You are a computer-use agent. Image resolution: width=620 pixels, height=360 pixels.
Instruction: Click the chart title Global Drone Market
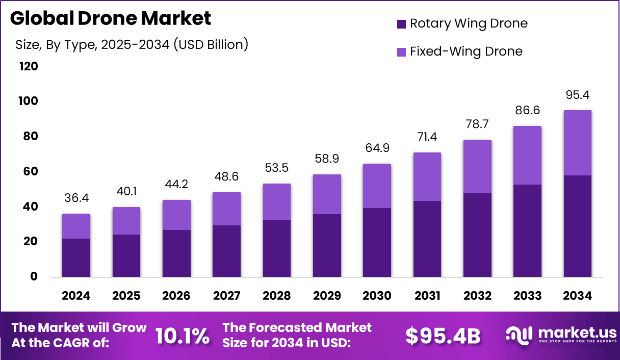click(110, 18)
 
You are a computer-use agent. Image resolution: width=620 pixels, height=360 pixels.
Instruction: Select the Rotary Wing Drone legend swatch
click(401, 23)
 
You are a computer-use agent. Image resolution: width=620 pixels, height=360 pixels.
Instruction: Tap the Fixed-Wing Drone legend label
click(466, 52)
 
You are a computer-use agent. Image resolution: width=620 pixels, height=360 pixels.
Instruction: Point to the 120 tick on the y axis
click(28, 66)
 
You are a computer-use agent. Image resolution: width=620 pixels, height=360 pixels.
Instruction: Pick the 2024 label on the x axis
click(76, 296)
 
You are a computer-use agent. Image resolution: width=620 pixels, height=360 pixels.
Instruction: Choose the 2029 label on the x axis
click(327, 296)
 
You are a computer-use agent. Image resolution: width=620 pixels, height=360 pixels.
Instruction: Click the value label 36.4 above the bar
click(76, 197)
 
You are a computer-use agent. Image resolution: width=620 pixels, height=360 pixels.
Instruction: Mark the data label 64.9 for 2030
click(377, 147)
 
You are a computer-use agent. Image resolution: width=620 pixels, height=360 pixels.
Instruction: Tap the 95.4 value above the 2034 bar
click(578, 94)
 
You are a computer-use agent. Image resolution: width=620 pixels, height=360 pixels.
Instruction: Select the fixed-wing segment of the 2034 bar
click(578, 143)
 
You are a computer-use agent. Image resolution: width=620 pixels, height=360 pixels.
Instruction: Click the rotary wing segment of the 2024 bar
click(76, 258)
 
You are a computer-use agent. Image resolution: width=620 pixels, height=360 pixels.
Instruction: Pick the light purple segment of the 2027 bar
click(226, 209)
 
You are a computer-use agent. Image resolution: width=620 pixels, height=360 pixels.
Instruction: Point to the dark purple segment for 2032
click(477, 235)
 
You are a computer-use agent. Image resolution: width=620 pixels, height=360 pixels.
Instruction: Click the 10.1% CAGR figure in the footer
click(182, 336)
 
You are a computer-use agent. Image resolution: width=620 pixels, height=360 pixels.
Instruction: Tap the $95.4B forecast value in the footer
click(443, 336)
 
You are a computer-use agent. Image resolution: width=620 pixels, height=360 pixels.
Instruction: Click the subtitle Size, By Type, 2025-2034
click(132, 45)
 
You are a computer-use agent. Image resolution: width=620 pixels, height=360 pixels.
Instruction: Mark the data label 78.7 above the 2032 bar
click(477, 124)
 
